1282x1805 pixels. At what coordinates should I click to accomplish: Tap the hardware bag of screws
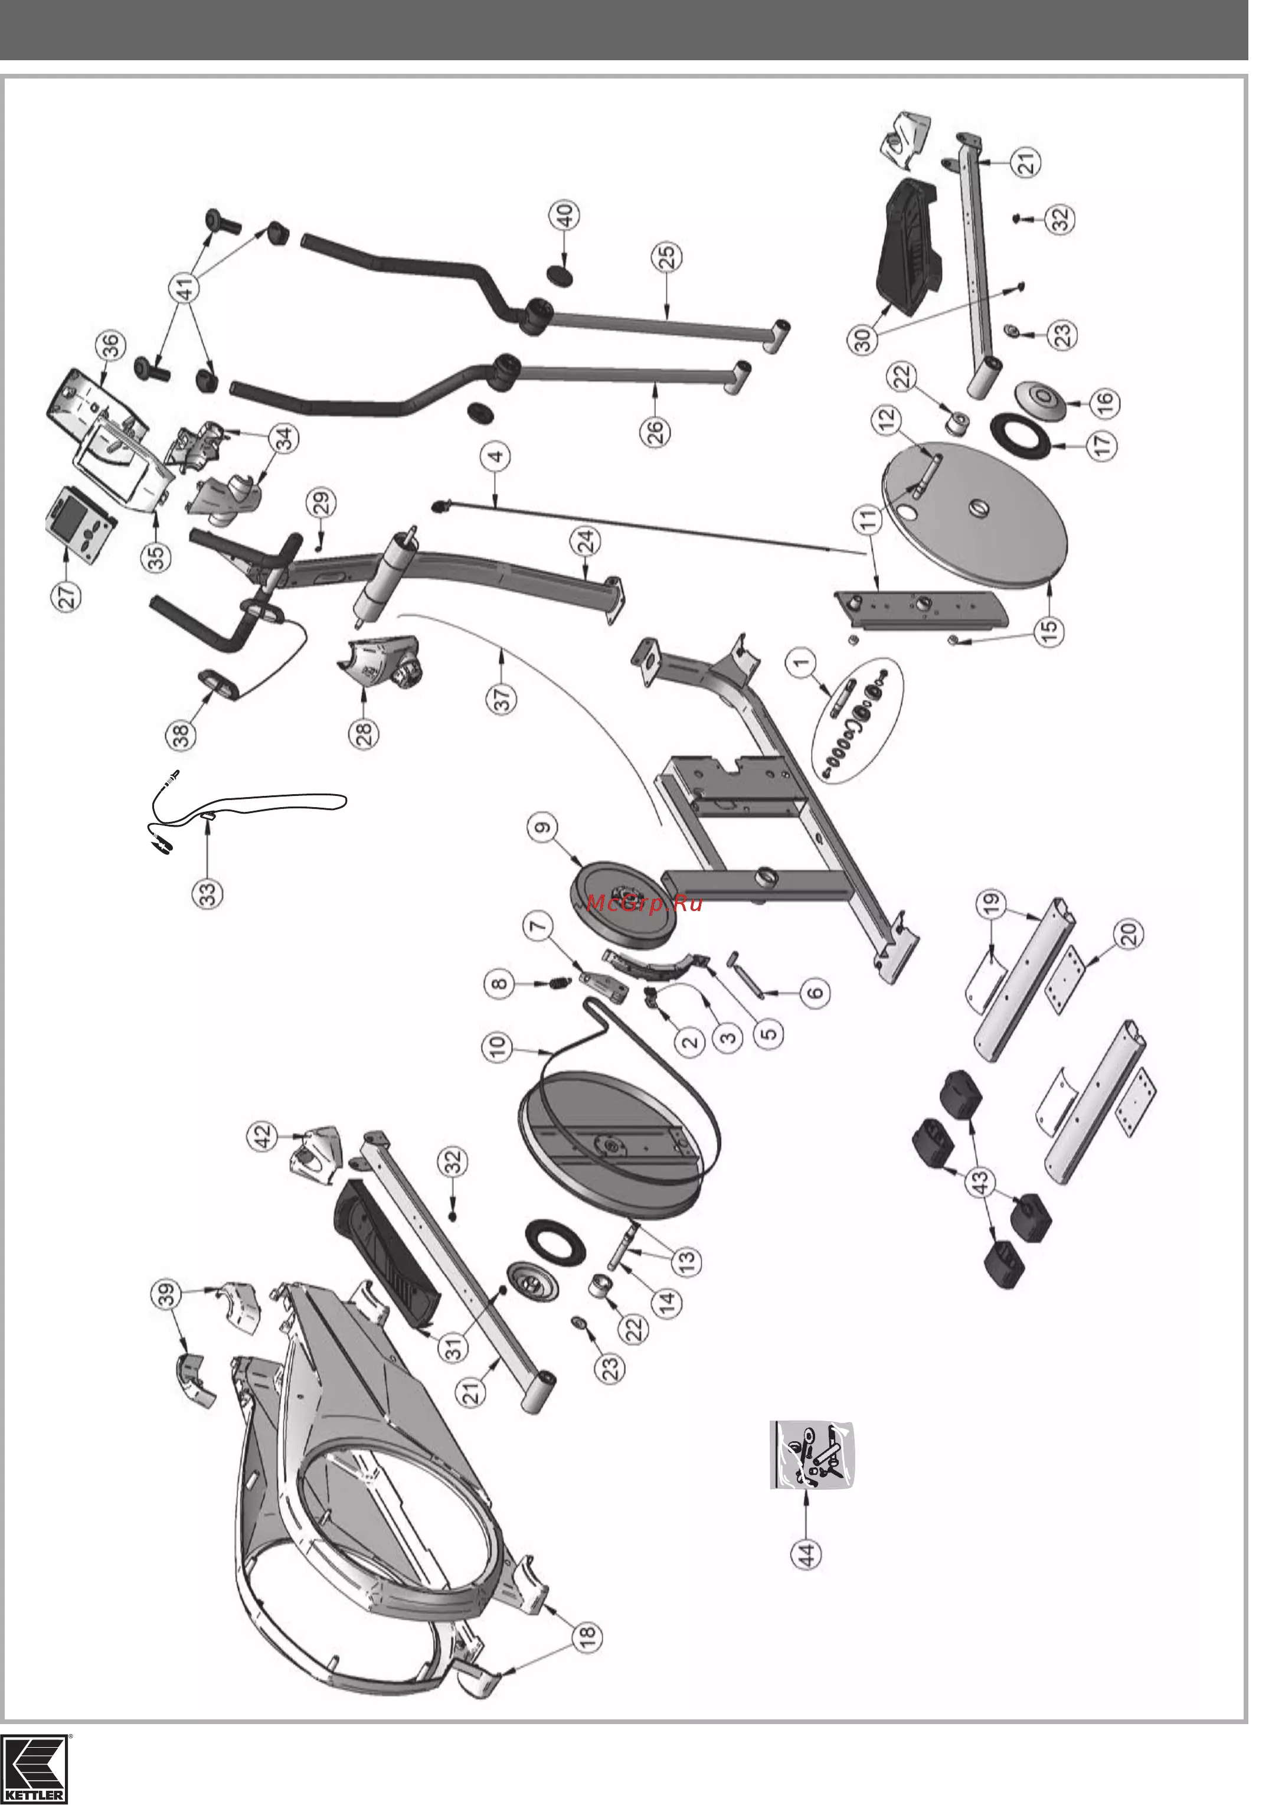click(812, 1454)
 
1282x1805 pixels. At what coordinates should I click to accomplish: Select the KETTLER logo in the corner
click(35, 1768)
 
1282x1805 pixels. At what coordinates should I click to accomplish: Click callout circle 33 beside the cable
click(208, 895)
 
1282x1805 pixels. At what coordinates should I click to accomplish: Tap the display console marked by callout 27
click(82, 524)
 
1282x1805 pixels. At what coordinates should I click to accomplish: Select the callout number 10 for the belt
click(499, 1047)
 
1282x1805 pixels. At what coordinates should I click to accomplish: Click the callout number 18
click(587, 1635)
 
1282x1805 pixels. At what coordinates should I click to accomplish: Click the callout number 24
click(587, 543)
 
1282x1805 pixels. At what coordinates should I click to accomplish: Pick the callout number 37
click(503, 698)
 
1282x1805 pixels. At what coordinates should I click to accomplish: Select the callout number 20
click(1129, 934)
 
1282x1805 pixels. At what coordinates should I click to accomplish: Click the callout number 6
click(816, 992)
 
